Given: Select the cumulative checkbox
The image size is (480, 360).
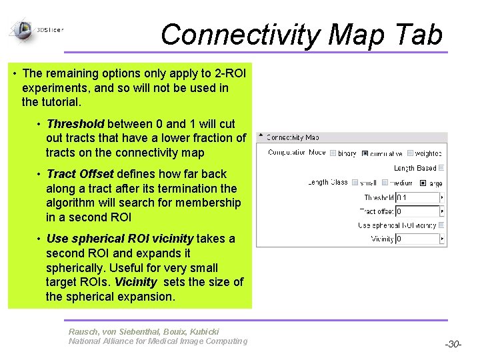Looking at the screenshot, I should pyautogui.click(x=365, y=153).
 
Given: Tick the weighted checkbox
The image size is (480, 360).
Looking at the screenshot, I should pyautogui.click(x=410, y=153).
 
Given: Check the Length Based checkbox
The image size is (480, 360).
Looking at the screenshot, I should pyautogui.click(x=441, y=168).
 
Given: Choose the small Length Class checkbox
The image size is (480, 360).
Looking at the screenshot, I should pyautogui.click(x=355, y=182).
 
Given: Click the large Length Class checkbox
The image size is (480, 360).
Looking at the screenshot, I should pyautogui.click(x=423, y=182).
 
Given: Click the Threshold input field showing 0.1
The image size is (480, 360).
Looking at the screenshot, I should pyautogui.click(x=417, y=197).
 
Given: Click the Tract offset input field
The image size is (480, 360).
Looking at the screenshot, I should pyautogui.click(x=417, y=211).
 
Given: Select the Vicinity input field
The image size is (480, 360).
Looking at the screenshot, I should pyautogui.click(x=417, y=239).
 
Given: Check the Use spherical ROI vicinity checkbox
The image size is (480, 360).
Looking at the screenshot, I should pyautogui.click(x=441, y=225).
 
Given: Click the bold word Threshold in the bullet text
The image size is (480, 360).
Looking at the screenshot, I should pyautogui.click(x=75, y=123).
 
